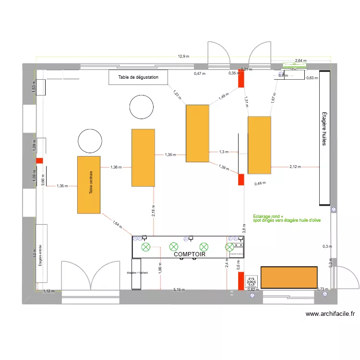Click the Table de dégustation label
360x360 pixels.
point(138,77)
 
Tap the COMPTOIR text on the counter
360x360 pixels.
point(190,254)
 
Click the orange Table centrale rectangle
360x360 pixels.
point(89,184)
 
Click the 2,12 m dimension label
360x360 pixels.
point(295,167)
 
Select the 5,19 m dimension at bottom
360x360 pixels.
point(179,290)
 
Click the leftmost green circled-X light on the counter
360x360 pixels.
point(145,247)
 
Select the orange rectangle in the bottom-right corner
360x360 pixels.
point(289,278)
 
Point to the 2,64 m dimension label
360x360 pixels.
point(300,60)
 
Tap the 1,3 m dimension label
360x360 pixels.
point(224,152)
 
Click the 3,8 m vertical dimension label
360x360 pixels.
point(244,229)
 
